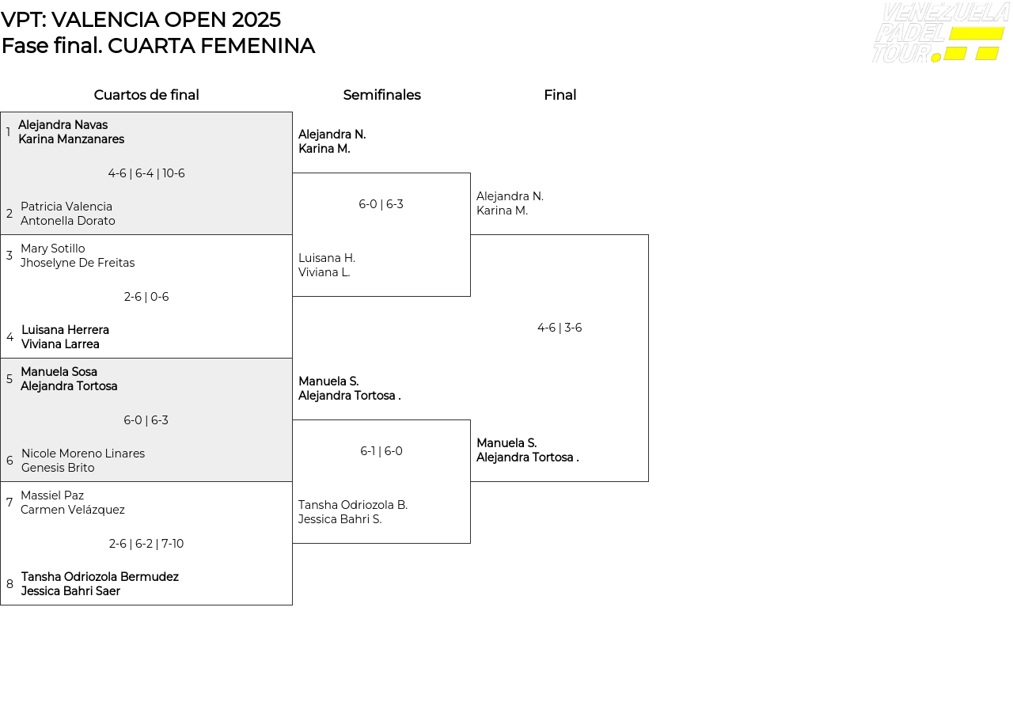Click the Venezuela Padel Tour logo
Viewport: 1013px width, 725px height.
[940, 33]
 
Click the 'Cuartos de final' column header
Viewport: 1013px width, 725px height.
[146, 95]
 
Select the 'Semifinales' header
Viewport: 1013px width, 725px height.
[381, 95]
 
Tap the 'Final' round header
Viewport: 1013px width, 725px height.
[560, 95]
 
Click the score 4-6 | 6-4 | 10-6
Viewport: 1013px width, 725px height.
[146, 173]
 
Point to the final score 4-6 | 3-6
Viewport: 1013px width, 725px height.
[560, 328]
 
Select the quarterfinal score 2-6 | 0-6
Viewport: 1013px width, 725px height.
[146, 297]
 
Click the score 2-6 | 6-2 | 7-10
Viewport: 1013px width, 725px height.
[146, 544]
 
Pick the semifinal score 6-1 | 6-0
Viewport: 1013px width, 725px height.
[381, 451]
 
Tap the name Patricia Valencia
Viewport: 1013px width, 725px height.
[66, 207]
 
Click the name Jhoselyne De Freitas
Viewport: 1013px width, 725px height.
[78, 263]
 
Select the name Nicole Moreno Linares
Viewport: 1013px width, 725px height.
[83, 454]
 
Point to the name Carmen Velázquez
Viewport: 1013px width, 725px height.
[73, 510]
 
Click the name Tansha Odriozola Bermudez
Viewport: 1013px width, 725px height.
[100, 577]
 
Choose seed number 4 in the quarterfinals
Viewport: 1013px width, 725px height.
[9, 337]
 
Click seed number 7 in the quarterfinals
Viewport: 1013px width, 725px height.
[9, 503]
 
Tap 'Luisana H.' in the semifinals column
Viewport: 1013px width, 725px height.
[327, 258]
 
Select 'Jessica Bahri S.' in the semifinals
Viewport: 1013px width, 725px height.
[340, 519]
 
